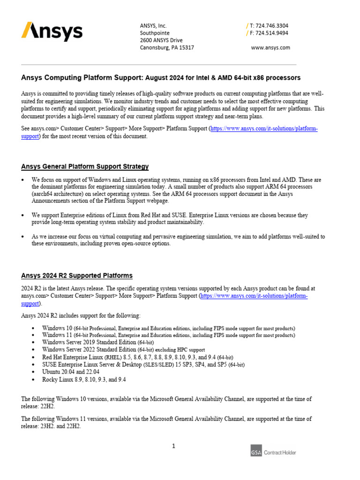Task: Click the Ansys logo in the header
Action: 52,32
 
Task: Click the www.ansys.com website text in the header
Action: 270,48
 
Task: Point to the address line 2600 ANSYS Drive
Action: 161,40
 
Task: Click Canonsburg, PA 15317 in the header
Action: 167,48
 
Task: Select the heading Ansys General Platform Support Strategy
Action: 85,166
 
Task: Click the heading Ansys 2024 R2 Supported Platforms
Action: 77,276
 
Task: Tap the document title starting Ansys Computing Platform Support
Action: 161,77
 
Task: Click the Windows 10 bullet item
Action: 168,328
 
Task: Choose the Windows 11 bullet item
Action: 168,335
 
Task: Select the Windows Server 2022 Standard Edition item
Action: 123,350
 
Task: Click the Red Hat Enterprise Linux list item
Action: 137,357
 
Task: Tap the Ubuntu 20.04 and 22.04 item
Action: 72,372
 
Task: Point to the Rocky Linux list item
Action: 83,379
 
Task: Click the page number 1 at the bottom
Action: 173,446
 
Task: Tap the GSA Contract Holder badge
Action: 273,452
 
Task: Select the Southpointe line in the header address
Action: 155,33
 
